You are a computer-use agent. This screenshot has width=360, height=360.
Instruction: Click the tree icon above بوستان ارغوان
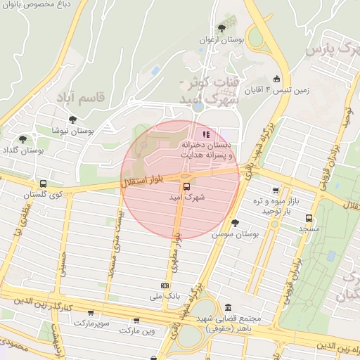(x=222, y=28)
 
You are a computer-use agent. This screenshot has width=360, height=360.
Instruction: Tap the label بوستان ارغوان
(x=222, y=40)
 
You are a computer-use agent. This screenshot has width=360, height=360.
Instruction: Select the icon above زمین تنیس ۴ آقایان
(x=277, y=79)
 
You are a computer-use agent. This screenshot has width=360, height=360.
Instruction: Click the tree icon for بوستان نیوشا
(x=72, y=120)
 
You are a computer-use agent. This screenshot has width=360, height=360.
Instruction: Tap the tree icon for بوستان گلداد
(x=23, y=139)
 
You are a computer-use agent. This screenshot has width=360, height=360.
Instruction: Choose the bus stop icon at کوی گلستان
(x=44, y=183)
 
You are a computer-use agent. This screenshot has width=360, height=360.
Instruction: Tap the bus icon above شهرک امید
(x=186, y=186)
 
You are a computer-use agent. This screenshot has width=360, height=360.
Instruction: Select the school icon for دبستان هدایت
(x=205, y=134)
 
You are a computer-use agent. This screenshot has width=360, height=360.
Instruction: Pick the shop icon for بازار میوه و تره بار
(x=275, y=190)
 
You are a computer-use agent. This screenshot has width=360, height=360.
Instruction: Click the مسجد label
(x=309, y=229)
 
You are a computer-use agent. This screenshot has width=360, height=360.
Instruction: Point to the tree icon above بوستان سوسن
(x=235, y=222)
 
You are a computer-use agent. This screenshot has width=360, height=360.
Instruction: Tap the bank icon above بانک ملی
(x=165, y=285)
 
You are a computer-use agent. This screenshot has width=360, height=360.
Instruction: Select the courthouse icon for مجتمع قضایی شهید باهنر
(x=229, y=307)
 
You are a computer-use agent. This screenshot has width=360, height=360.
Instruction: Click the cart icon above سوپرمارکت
(x=91, y=312)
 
